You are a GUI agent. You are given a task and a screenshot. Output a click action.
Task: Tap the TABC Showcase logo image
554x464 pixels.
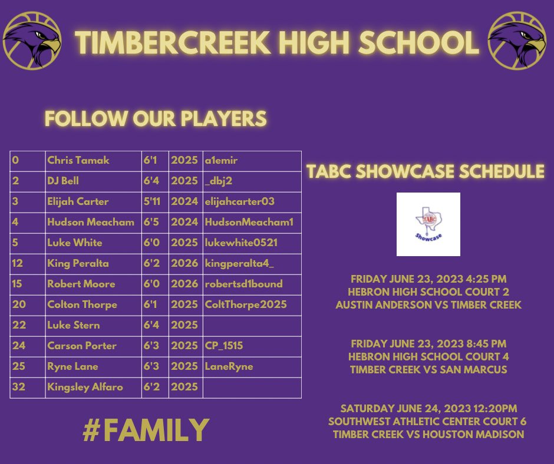[428, 224]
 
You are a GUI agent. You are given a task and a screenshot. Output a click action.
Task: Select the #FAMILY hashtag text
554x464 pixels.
[146, 430]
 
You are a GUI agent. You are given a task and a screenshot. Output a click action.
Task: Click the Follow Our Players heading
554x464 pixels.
[156, 118]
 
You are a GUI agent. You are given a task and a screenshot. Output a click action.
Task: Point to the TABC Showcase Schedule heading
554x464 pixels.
[425, 172]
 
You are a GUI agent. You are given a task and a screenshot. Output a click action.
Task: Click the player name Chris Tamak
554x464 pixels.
[78, 160]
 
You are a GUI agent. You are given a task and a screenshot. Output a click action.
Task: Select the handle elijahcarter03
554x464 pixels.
[239, 201]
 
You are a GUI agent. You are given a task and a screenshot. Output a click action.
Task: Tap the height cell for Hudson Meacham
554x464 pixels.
[154, 222]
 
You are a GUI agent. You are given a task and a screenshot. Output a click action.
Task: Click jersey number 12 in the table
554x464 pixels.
[17, 263]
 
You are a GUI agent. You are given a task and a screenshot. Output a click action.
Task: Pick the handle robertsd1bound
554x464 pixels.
[243, 284]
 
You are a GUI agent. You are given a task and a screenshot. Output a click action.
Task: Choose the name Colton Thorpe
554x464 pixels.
[82, 304]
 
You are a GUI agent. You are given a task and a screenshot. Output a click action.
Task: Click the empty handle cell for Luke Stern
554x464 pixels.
[252, 325]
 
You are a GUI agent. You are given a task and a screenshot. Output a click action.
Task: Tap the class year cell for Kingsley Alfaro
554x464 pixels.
[184, 387]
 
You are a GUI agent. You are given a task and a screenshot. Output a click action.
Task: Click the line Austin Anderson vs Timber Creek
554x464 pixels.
[428, 305]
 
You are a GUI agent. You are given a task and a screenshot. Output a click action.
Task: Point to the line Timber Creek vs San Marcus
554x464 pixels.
[428, 370]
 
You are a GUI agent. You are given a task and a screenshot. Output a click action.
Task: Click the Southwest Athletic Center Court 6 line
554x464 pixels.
[428, 422]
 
